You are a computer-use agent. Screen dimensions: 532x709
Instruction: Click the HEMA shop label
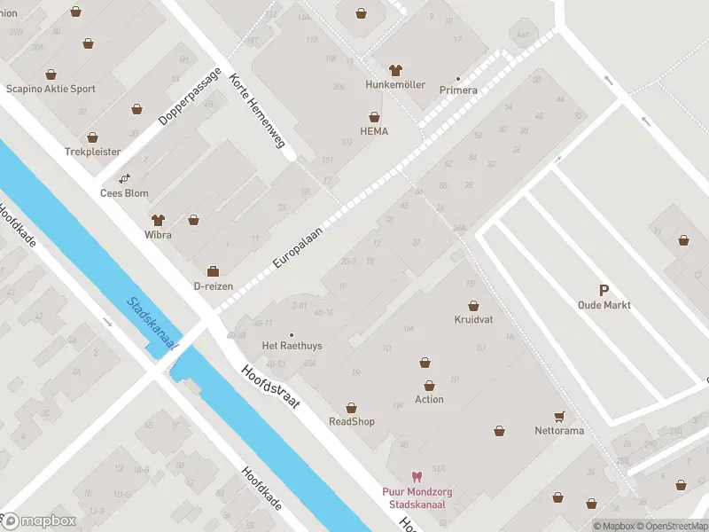pos(374,131)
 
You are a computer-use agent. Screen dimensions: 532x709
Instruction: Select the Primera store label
pos(458,90)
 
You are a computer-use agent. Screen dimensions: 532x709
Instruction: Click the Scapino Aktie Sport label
pos(51,89)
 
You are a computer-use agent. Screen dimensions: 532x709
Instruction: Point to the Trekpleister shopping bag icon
pos(92,138)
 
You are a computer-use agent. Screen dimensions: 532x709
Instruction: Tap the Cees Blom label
pos(124,192)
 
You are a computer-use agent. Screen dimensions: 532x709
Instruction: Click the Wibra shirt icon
pos(158,219)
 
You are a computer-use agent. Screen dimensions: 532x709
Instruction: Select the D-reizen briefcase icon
pos(213,270)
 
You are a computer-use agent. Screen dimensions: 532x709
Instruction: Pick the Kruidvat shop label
pos(473,319)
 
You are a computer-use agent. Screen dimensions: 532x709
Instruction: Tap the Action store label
pos(429,399)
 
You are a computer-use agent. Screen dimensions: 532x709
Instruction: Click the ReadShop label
pos(352,421)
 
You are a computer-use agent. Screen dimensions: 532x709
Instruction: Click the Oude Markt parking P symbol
pos(604,290)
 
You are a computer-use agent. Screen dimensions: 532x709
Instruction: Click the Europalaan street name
pos(297,246)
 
